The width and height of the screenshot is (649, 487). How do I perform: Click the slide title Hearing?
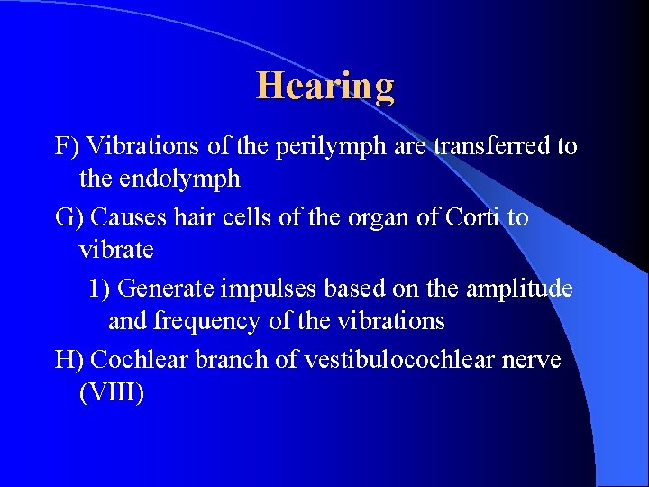[325, 87]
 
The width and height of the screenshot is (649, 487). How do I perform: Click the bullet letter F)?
[68, 146]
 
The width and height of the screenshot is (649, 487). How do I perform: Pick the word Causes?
[127, 217]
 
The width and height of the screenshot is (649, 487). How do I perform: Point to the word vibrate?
[116, 249]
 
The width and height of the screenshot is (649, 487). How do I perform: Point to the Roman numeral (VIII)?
[111, 393]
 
